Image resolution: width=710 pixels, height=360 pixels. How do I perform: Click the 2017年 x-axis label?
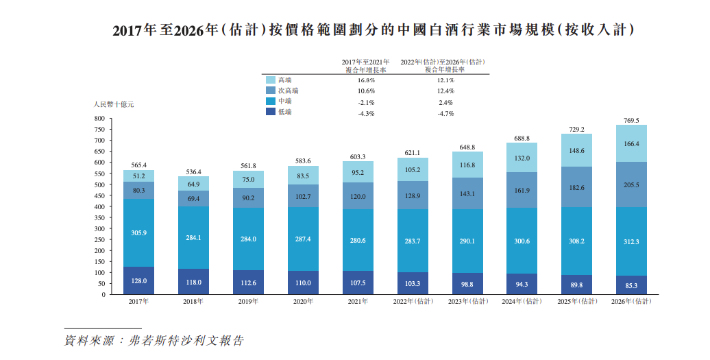[x=138, y=301]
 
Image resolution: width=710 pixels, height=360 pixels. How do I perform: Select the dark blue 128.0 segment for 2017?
[x=138, y=280]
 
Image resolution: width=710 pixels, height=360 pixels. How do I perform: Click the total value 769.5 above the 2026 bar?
[x=631, y=121]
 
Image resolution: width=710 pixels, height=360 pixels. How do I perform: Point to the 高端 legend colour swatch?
[x=270, y=80]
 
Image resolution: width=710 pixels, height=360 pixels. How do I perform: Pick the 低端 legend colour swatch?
[x=270, y=112]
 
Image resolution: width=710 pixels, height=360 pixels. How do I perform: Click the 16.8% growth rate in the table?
[x=366, y=80]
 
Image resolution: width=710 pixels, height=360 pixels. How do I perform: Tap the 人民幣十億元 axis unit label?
[x=114, y=104]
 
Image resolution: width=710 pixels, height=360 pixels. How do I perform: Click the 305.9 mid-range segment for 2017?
[x=138, y=233]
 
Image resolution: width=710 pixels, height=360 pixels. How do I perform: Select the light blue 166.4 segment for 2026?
[x=631, y=144]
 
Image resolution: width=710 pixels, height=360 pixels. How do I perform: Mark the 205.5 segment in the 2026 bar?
[x=631, y=184]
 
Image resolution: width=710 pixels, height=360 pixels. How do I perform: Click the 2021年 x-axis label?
[x=358, y=301]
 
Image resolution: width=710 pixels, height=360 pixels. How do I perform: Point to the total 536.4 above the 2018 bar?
[x=193, y=172]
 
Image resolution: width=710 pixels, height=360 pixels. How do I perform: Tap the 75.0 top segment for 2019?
[x=248, y=180]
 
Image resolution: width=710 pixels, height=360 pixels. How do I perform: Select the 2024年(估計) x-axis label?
[x=522, y=301]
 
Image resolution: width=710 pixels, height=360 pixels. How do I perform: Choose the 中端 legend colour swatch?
[x=270, y=101]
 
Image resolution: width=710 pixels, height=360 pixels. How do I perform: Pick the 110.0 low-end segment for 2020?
[x=303, y=283]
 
